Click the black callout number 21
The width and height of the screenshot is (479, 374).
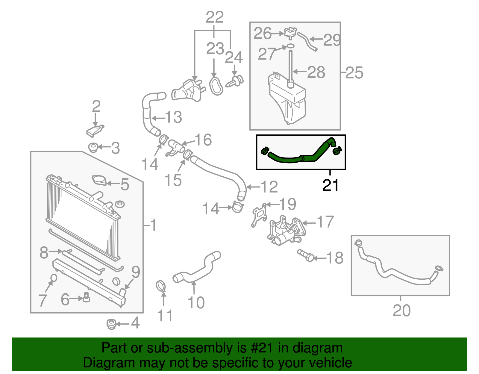pos(330,185)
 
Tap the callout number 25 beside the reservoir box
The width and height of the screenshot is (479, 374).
pos(354,73)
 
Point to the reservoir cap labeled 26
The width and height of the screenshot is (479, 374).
pos(290,32)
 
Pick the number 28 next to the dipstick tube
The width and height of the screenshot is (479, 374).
pos(316,72)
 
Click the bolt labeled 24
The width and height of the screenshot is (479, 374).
pos(236,81)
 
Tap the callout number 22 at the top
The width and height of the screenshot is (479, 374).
pos(215,17)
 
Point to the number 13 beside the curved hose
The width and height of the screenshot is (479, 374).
pos(173,117)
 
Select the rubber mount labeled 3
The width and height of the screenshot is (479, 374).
pos(93,147)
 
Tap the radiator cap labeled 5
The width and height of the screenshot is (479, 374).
pos(99,181)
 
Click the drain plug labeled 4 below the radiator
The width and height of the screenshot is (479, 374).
pos(111,324)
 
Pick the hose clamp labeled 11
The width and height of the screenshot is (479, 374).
pos(161,286)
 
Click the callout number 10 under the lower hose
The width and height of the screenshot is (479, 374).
pos(196,302)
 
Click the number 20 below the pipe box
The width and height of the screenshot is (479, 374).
pos(401,311)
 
